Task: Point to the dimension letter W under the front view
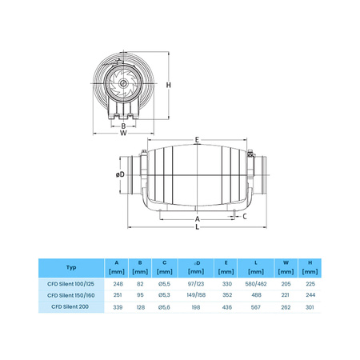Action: (123, 133)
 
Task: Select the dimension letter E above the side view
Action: (196, 141)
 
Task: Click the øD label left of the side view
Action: (119, 174)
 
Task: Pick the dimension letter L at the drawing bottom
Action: (196, 227)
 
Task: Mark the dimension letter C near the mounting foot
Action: (244, 216)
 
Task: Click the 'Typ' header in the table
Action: (71, 266)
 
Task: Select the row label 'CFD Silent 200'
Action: (71, 306)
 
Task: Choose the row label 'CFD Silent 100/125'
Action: (71, 283)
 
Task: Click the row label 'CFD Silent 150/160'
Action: (71, 294)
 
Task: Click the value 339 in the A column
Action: (118, 306)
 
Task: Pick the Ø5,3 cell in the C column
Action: (163, 294)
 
